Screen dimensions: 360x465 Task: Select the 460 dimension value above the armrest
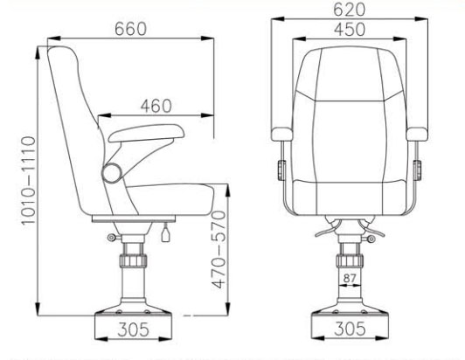click(x=155, y=105)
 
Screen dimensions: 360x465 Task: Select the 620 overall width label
click(x=350, y=10)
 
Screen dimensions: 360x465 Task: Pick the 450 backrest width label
click(x=350, y=31)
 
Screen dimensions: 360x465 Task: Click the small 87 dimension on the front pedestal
click(x=350, y=279)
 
